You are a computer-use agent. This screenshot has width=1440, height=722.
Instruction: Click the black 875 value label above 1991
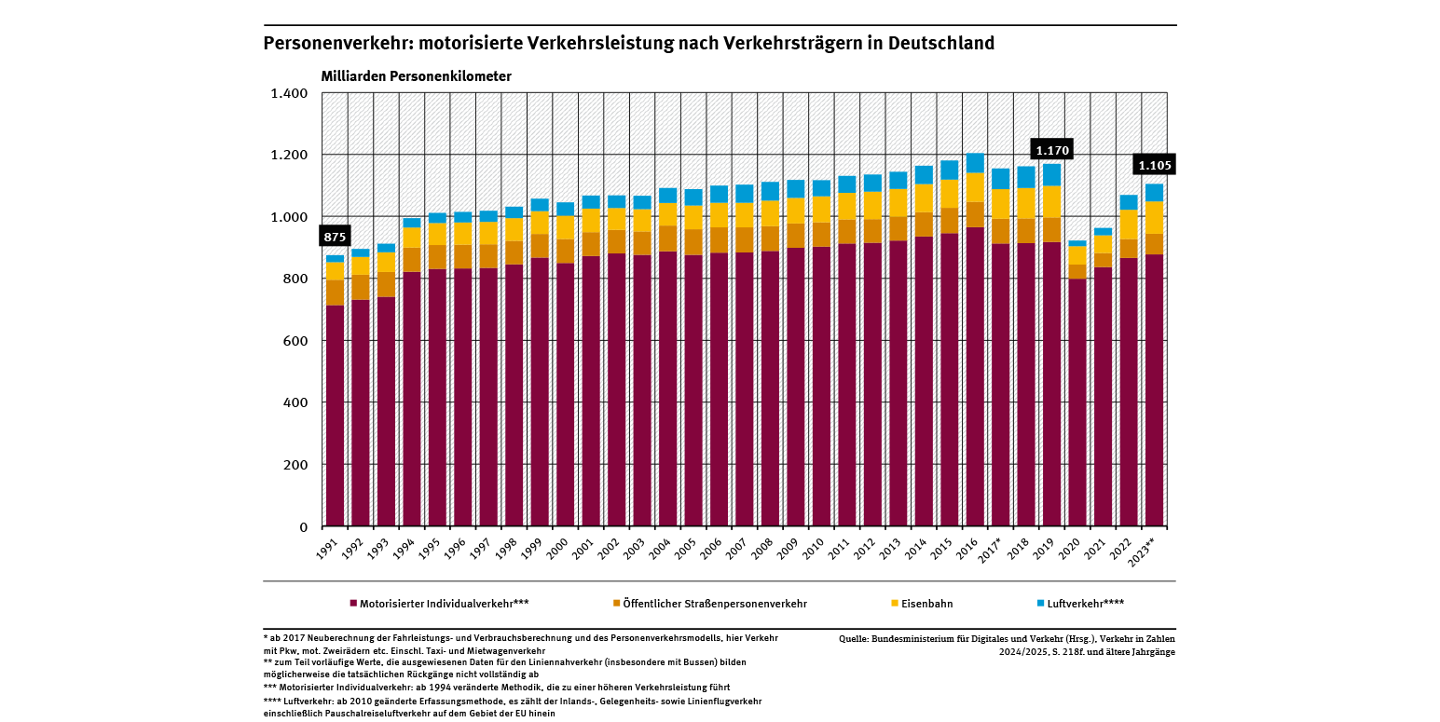(335, 237)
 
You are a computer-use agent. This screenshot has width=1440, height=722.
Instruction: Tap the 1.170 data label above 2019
(1052, 150)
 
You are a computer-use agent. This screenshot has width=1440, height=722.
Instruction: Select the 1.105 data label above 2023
(1155, 165)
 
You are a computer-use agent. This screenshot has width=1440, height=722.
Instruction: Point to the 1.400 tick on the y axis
(289, 93)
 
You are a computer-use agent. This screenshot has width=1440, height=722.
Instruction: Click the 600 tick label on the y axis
(297, 341)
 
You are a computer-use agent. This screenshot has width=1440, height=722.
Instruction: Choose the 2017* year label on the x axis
(998, 547)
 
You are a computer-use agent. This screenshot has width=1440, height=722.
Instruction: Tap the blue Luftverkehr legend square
(1039, 604)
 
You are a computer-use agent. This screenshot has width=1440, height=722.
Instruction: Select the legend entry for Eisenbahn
(926, 604)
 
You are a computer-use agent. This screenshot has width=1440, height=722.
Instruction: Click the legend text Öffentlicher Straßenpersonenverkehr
(715, 604)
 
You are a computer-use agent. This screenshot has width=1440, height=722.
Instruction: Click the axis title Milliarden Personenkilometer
(416, 76)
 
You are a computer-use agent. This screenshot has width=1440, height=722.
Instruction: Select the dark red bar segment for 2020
(1077, 401)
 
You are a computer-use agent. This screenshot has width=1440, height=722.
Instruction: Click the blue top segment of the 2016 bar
(975, 163)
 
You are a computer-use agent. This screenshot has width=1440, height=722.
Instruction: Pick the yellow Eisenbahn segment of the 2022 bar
(1129, 225)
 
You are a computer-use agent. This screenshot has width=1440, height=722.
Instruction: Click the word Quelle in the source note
(855, 639)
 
